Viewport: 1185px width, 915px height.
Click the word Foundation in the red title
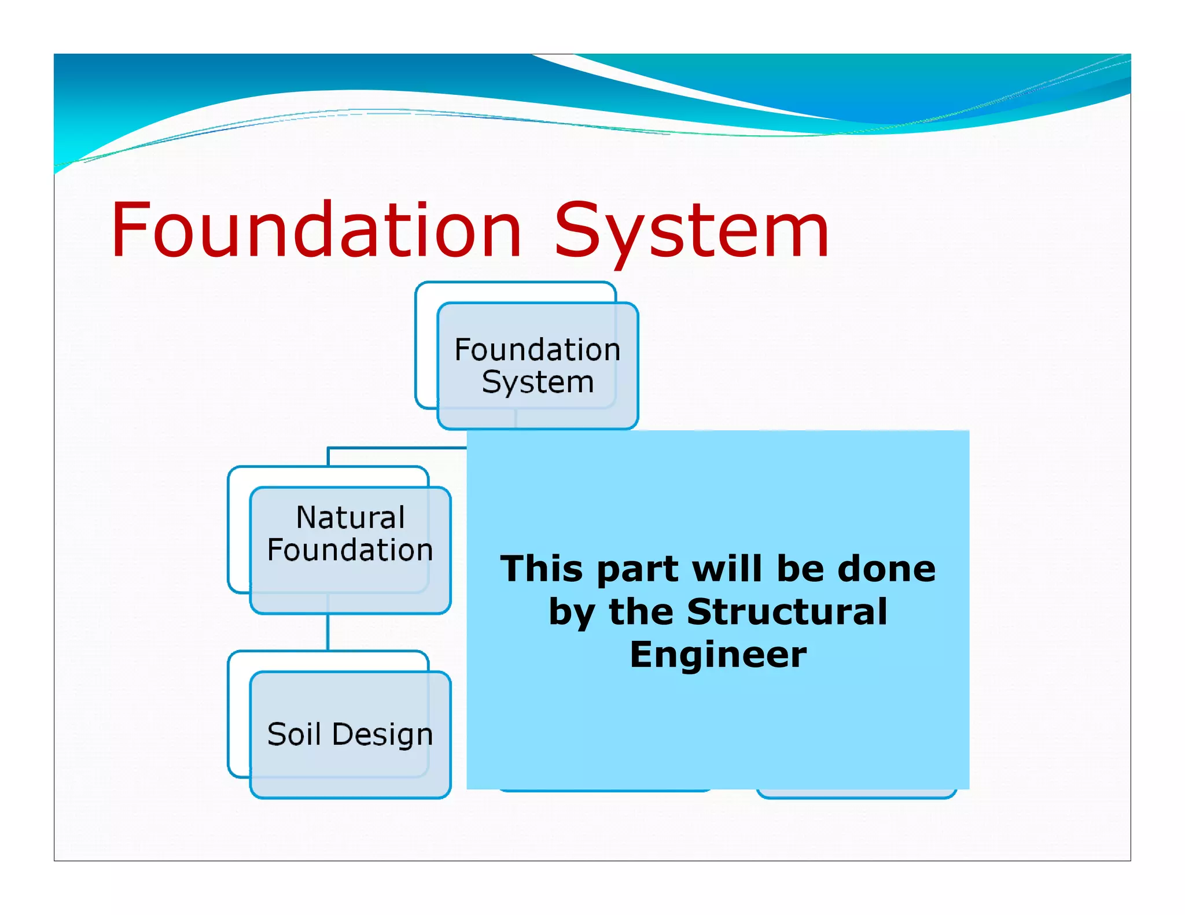[316, 230]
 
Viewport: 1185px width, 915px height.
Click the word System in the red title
[692, 230]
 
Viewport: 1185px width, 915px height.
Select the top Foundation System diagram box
[537, 366]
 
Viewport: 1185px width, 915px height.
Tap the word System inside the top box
[538, 382]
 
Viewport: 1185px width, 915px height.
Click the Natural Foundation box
[349, 549]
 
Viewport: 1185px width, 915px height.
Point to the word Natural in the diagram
[350, 517]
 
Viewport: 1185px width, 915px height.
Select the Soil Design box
[349, 735]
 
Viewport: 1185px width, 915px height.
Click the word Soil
[293, 735]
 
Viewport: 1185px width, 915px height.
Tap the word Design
[382, 735]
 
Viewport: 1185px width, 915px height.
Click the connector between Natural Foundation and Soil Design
[328, 632]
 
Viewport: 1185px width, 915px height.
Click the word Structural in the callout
[787, 612]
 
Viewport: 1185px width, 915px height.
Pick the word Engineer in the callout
[718, 655]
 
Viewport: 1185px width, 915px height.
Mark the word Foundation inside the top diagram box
[538, 350]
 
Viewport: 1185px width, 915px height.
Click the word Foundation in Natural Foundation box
[350, 549]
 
